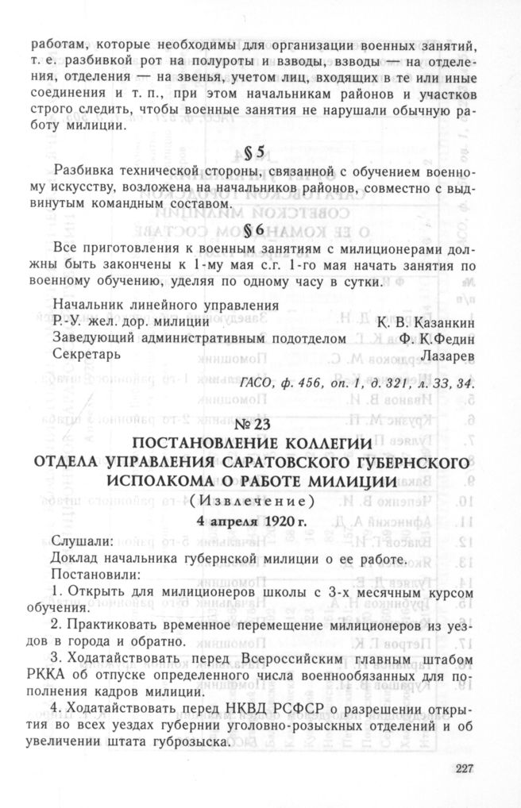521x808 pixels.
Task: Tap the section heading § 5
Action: click(x=260, y=153)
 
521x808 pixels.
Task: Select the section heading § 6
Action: click(x=260, y=230)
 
